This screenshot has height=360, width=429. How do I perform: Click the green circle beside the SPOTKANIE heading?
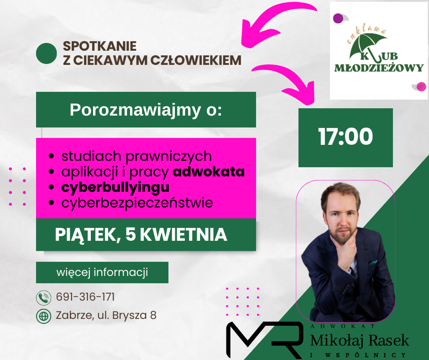coord(46,53)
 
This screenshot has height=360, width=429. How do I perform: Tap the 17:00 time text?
coord(345,137)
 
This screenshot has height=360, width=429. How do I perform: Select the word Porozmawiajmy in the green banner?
coord(135,110)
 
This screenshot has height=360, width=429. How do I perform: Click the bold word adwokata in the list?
coord(209,172)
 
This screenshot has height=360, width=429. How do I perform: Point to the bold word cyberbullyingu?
coord(115,188)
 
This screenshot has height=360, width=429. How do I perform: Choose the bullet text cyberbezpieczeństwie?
coord(137,203)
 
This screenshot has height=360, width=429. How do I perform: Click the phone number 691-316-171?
coord(85,297)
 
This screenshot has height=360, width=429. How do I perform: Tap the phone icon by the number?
coord(43,298)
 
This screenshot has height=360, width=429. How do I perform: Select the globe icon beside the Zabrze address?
coord(43,316)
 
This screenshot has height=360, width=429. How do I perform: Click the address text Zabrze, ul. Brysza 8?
coord(106,315)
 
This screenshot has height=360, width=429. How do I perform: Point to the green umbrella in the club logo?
coord(368,46)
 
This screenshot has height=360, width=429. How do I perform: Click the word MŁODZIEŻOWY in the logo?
coord(379,68)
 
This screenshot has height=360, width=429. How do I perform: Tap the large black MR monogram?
coord(264,340)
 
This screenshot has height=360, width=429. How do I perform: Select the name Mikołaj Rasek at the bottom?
coord(360,340)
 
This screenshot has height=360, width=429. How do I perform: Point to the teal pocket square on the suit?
coord(373,263)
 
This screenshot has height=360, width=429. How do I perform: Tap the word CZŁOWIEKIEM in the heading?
coord(196,61)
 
